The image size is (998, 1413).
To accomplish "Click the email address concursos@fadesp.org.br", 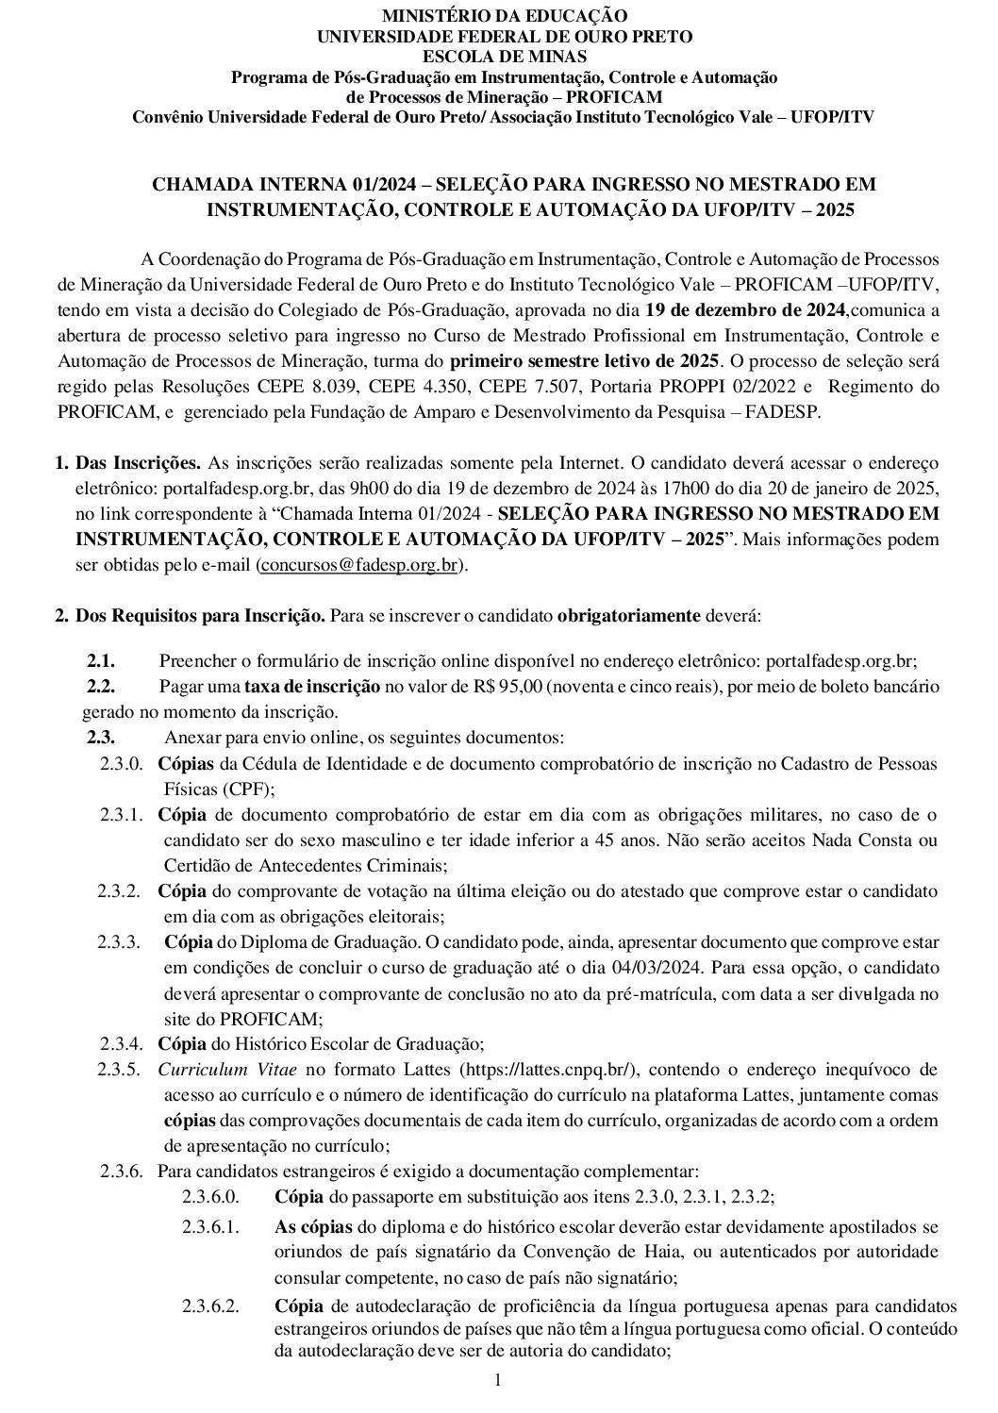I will click(x=361, y=566).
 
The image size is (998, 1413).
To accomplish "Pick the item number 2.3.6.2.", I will click(x=211, y=1306).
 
